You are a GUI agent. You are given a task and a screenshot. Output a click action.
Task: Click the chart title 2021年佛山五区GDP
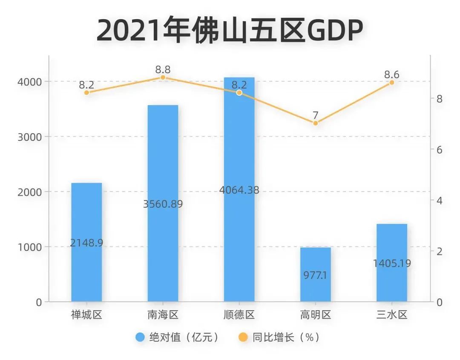(x=230, y=31)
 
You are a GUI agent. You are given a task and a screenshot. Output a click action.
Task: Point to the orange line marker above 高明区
(x=316, y=123)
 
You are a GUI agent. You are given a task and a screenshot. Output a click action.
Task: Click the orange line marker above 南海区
(x=163, y=77)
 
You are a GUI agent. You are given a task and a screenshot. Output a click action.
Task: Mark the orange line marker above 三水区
(x=392, y=83)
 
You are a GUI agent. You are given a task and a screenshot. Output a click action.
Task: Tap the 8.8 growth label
(x=163, y=69)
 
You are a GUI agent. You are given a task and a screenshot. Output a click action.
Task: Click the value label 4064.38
(x=239, y=190)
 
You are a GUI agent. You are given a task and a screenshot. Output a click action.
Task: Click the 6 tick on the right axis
(x=440, y=150)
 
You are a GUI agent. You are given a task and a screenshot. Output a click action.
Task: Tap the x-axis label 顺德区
(x=239, y=315)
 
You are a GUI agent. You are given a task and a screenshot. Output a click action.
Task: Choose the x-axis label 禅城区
(x=86, y=315)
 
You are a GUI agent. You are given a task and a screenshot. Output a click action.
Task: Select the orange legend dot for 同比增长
(x=243, y=337)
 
